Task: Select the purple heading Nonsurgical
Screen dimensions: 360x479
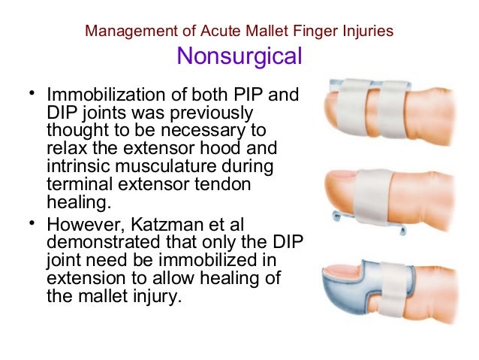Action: (239, 56)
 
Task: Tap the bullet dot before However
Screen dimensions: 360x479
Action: (31, 223)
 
